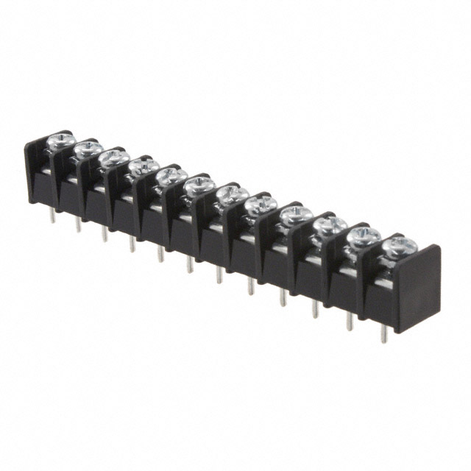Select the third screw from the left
[x=113, y=157]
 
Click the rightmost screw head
[x=397, y=245]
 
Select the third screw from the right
[x=328, y=224]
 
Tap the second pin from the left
[x=78, y=224]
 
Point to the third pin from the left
[x=105, y=233]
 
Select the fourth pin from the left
[x=132, y=243]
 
